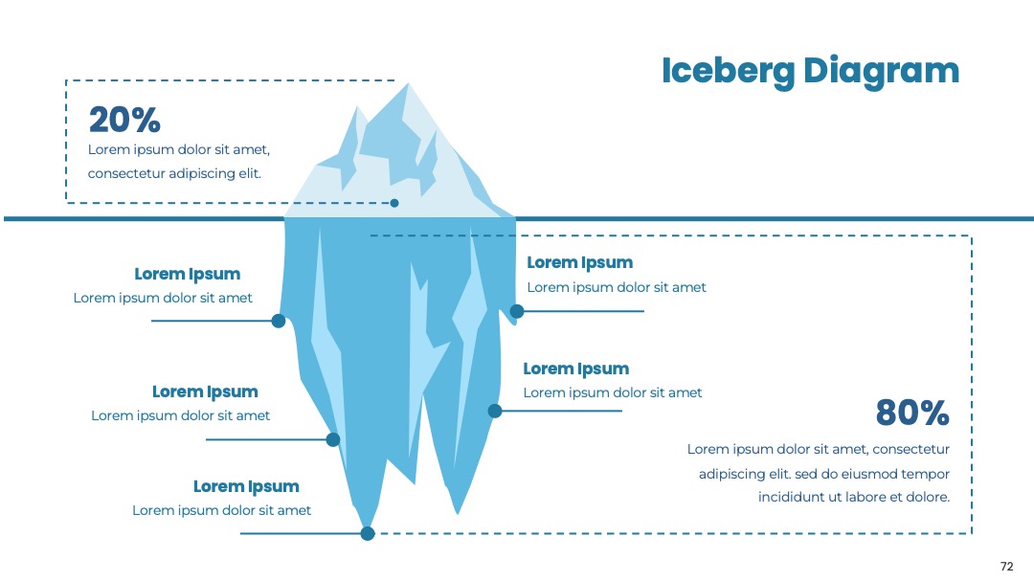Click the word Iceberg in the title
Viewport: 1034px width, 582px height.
(x=728, y=72)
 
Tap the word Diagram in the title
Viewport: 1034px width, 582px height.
(x=881, y=72)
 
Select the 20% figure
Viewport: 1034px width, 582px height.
(x=124, y=120)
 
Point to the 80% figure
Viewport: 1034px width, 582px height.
(x=912, y=413)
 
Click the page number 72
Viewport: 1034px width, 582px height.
(x=1006, y=566)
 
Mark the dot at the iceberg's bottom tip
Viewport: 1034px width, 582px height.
(x=368, y=533)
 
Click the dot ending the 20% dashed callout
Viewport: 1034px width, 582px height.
(x=394, y=203)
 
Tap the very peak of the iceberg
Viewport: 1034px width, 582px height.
(x=408, y=83)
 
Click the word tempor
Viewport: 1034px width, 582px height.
(x=925, y=475)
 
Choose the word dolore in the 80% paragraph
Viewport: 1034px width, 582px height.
(x=927, y=497)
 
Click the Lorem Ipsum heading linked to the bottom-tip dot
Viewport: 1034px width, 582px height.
(x=246, y=486)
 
